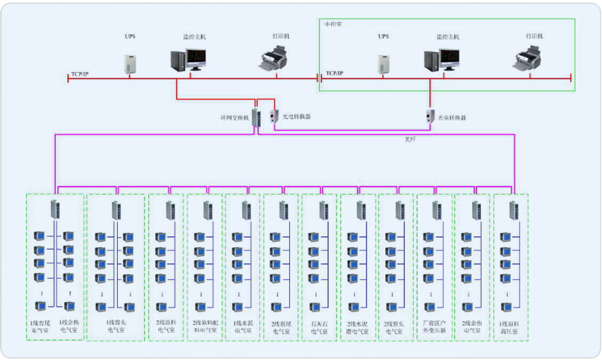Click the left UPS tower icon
(130, 63)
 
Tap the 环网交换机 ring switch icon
(256, 117)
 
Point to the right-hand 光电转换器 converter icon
(430, 116)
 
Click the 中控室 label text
(333, 25)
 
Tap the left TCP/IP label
(80, 73)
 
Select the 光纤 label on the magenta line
(411, 140)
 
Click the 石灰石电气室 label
(320, 327)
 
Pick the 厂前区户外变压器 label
(434, 327)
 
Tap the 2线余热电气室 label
(472, 327)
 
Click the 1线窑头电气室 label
(115, 327)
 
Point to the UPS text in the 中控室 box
(383, 37)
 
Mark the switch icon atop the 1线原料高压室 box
(513, 210)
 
